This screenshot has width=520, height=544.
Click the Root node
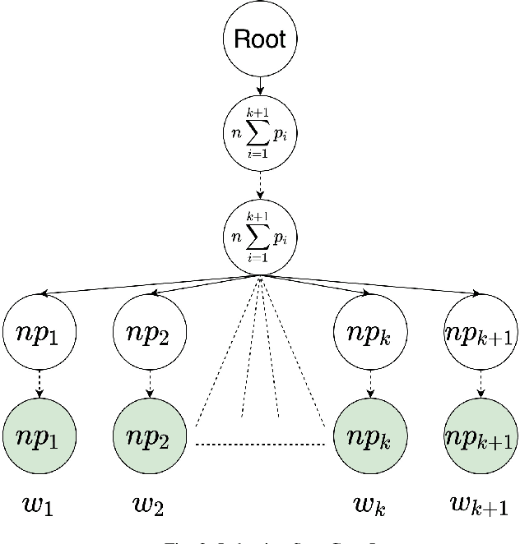(260, 39)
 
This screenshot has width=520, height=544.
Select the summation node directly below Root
(260, 132)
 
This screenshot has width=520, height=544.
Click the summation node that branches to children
(260, 237)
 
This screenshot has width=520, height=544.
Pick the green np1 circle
(39, 435)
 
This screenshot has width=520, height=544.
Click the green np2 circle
(149, 435)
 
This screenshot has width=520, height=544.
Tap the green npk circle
(369, 435)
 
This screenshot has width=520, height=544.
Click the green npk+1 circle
(481, 435)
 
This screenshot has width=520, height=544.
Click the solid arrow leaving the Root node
(260, 85)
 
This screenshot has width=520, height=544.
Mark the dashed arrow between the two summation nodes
(260, 185)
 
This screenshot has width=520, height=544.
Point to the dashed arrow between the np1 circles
(39, 383)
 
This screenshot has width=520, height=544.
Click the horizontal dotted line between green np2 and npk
(260, 445)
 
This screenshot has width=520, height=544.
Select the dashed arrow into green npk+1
(481, 383)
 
